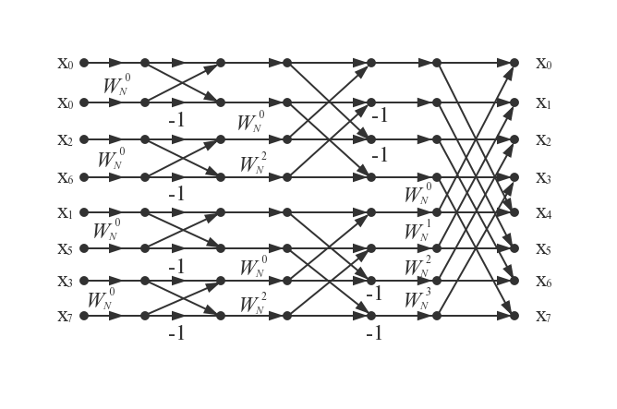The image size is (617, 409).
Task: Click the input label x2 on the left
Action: (x=66, y=140)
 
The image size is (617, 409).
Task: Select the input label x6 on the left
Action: (x=66, y=178)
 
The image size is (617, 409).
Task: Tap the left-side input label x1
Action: (x=66, y=213)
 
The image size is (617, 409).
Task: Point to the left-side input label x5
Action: (x=66, y=249)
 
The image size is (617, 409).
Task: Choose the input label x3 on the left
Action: (x=66, y=282)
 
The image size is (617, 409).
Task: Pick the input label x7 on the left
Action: (x=66, y=317)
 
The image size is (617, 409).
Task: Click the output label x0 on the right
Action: (x=544, y=64)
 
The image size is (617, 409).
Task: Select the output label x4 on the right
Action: (x=544, y=213)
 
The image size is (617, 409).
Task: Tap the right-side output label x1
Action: (x=544, y=103)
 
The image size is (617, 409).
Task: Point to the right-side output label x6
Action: (x=544, y=282)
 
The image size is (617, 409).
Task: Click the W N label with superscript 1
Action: (x=417, y=230)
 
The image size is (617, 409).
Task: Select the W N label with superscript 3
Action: (x=417, y=298)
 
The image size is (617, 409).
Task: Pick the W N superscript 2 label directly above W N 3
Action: (x=417, y=266)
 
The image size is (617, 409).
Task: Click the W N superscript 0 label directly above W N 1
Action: (x=417, y=193)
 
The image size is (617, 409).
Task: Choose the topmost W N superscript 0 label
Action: (x=117, y=84)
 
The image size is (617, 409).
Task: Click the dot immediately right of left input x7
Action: (x=84, y=316)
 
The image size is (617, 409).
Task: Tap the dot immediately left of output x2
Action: (x=514, y=139)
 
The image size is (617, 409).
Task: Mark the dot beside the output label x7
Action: (x=514, y=316)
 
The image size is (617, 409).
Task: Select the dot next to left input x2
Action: (x=84, y=139)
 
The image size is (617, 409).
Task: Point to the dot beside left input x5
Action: (x=84, y=248)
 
